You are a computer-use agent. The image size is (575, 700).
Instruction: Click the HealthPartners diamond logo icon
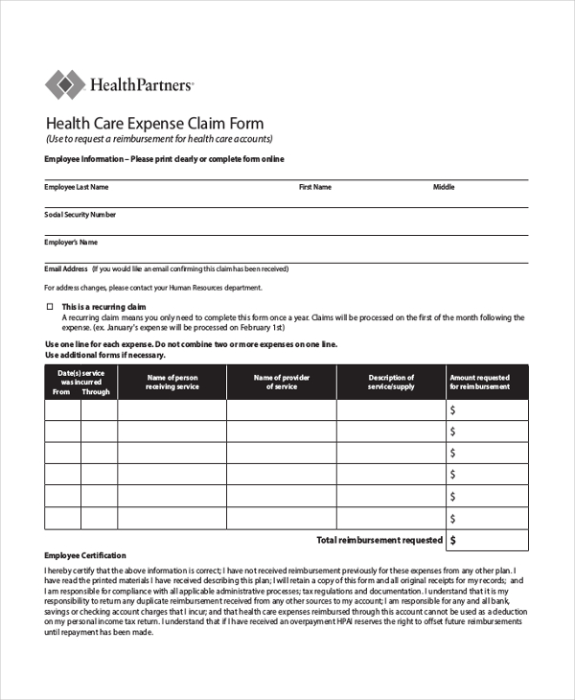[x=64, y=84]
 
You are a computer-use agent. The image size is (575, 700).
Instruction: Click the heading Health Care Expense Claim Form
[x=155, y=124]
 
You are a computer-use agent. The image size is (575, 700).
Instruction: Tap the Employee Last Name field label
[x=77, y=187]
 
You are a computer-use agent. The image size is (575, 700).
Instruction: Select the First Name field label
[x=315, y=187]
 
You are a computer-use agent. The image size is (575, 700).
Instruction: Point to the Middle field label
[x=444, y=187]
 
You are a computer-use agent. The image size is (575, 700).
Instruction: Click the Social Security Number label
[x=80, y=215]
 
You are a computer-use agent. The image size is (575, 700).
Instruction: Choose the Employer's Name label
[x=71, y=243]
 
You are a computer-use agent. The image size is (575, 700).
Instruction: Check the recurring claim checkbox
[x=50, y=306]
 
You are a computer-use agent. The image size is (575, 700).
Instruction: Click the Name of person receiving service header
[x=172, y=382]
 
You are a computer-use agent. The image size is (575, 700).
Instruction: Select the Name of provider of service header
[x=282, y=382]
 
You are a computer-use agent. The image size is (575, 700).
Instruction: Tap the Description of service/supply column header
[x=391, y=382]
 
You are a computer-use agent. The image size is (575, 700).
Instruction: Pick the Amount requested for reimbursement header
[x=479, y=382]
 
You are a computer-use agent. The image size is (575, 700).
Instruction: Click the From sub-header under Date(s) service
[x=61, y=391]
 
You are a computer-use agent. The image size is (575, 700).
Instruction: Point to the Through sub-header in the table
[x=96, y=391]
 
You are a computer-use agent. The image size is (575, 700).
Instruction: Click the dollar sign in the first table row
[x=453, y=409]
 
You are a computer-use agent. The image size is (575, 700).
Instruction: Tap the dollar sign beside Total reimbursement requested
[x=453, y=540]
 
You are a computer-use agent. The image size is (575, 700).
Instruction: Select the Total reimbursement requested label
[x=379, y=540]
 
